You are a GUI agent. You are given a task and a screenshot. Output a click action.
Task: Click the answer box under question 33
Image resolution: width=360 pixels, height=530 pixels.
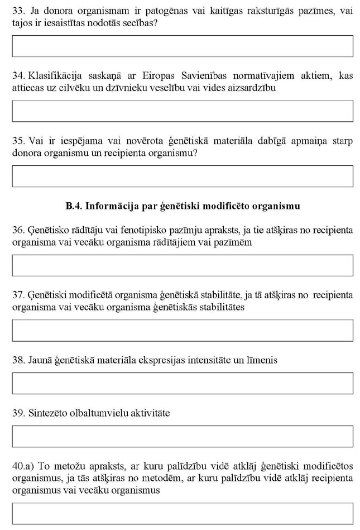pos(182,46)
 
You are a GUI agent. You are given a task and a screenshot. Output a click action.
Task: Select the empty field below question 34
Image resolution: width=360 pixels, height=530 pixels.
pos(182,111)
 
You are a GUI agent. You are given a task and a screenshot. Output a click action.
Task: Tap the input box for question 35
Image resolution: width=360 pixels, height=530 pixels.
pos(182,176)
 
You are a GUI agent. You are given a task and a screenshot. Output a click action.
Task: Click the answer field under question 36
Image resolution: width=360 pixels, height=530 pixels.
pos(182,265)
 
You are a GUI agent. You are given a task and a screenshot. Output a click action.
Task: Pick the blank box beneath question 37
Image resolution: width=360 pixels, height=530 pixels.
pos(182,330)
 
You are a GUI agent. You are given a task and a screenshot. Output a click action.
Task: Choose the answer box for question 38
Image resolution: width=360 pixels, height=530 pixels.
pos(182,383)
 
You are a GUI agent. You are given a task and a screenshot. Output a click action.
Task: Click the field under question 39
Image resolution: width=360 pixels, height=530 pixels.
pos(182,436)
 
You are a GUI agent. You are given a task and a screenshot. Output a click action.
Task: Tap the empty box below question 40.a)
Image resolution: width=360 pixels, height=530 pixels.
pos(182,513)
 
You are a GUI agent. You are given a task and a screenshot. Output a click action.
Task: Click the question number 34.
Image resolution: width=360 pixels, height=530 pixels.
pos(17,75)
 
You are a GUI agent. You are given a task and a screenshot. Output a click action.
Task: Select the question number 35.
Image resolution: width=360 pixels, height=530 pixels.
pos(17,140)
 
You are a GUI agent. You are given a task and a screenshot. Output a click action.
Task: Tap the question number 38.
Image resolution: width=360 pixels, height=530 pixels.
pos(17,360)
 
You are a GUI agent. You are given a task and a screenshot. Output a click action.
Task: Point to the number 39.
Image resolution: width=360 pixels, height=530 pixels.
pos(17,413)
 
